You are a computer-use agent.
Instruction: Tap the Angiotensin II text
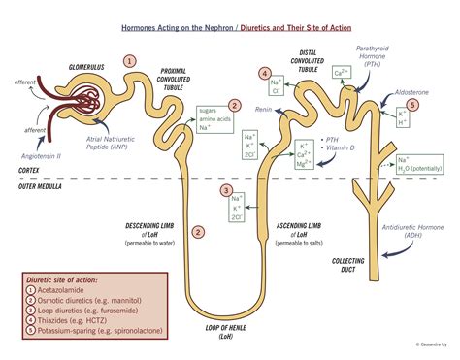41,154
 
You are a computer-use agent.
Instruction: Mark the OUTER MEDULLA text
38,187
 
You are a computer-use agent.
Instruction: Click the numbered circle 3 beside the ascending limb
226,190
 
